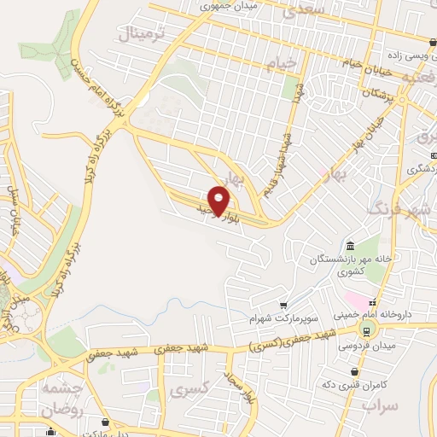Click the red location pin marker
click(219, 201)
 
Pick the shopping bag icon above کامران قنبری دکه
click(355, 371)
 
